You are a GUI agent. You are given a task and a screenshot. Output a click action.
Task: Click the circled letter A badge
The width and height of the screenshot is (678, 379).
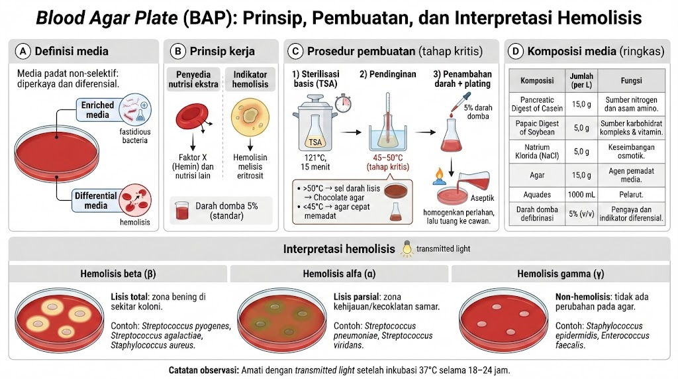pyautogui.click(x=23, y=52)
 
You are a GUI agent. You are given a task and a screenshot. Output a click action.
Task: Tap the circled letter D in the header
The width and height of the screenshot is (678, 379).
pyautogui.click(x=515, y=52)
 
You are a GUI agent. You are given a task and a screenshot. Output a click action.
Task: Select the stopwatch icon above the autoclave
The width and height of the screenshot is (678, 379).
pyautogui.click(x=343, y=103)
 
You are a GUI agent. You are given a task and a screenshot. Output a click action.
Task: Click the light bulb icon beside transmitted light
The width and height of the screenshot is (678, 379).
pyautogui.click(x=407, y=248)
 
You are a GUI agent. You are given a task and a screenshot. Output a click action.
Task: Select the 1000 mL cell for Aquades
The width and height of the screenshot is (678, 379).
pyautogui.click(x=581, y=195)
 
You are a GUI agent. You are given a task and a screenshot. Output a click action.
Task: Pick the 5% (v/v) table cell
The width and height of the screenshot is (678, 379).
pyautogui.click(x=581, y=214)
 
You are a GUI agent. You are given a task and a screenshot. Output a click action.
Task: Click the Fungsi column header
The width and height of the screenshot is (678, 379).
pyautogui.click(x=631, y=80)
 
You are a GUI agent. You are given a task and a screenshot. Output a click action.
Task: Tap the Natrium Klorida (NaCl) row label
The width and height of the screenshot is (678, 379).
pyautogui.click(x=537, y=152)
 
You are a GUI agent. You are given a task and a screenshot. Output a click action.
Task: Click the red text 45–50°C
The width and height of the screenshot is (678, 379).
pyautogui.click(x=387, y=158)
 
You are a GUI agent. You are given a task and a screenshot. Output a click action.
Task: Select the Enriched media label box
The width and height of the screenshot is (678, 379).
pyautogui.click(x=97, y=110)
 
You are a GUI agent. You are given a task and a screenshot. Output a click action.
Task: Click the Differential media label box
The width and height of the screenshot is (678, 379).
pyautogui.click(x=95, y=200)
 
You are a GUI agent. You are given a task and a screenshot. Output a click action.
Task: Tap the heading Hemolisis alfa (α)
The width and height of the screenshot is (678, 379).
pyautogui.click(x=340, y=274)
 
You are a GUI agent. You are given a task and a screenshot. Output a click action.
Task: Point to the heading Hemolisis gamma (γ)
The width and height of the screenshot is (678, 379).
pyautogui.click(x=560, y=274)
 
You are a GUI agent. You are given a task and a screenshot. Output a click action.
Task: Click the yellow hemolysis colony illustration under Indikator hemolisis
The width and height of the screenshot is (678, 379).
pyautogui.click(x=250, y=117)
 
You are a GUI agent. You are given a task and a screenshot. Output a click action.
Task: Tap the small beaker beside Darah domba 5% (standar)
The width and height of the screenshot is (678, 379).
pyautogui.click(x=182, y=211)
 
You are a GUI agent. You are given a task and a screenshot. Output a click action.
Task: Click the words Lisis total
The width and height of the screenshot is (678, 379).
pyautogui.click(x=129, y=298)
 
